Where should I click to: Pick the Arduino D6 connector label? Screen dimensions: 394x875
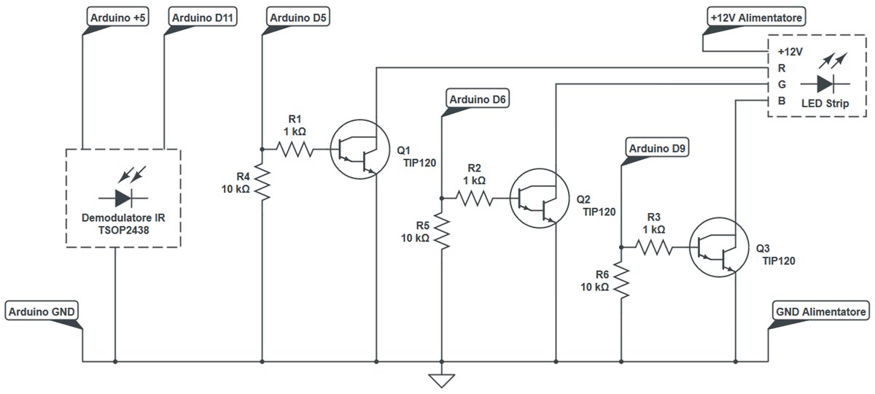pyautogui.click(x=478, y=98)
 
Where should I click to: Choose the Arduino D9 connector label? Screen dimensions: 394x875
pyautogui.click(x=657, y=149)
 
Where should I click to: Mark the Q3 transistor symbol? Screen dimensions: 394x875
pyautogui.click(x=718, y=247)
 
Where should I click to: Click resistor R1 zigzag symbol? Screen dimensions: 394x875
pyautogui.click(x=295, y=150)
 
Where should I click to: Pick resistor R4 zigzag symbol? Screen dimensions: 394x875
pyautogui.click(x=262, y=182)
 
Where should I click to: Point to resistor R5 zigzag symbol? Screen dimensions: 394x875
pyautogui.click(x=442, y=232)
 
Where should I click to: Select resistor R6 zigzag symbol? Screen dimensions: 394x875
pyautogui.click(x=621, y=281)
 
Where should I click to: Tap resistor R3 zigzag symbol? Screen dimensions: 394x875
pyautogui.click(x=655, y=247)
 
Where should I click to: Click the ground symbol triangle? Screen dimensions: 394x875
pyautogui.click(x=442, y=380)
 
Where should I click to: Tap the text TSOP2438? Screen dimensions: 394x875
pyautogui.click(x=122, y=229)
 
